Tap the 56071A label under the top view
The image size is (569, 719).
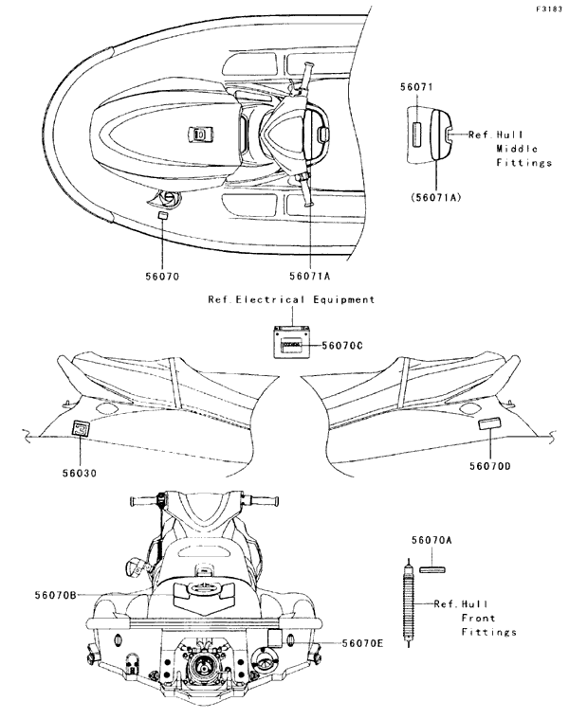click(x=310, y=277)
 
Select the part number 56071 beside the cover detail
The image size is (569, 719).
click(x=416, y=86)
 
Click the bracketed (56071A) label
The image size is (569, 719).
click(x=436, y=197)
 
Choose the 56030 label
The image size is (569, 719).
click(x=80, y=471)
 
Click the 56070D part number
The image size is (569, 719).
click(x=490, y=465)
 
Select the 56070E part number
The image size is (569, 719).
click(x=363, y=643)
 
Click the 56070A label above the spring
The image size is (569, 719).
click(x=431, y=538)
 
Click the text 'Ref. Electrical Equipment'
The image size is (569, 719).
click(x=291, y=299)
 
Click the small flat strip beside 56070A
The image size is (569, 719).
click(x=431, y=570)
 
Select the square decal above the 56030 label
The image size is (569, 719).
click(x=83, y=429)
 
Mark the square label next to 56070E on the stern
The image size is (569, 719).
click(x=273, y=637)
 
